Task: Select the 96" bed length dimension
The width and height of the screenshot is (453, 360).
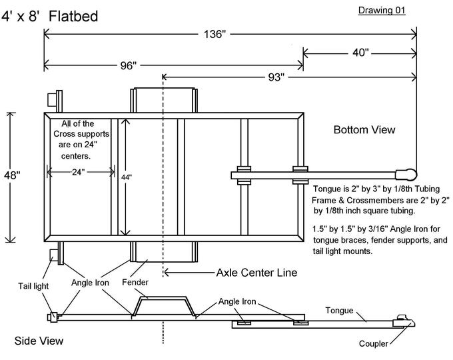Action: (129, 65)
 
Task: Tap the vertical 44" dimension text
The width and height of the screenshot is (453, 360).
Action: (126, 177)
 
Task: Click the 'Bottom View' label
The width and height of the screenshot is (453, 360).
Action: (364, 130)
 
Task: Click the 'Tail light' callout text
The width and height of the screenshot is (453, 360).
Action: (31, 286)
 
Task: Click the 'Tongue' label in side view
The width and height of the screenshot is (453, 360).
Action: (340, 310)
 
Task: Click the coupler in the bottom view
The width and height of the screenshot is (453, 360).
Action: (407, 175)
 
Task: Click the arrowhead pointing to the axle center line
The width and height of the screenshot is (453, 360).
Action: (168, 272)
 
